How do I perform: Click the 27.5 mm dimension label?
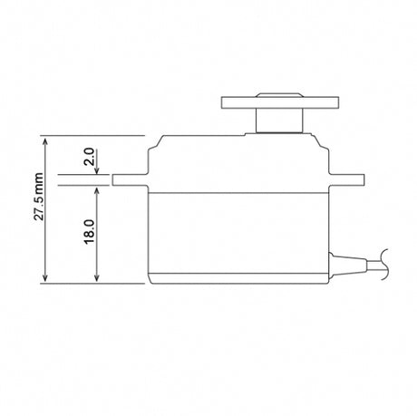click(x=39, y=197)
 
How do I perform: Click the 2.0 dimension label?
click(x=90, y=157)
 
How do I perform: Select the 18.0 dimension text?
click(x=90, y=232)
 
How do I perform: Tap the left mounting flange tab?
click(x=131, y=179)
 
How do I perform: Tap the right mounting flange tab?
click(x=346, y=179)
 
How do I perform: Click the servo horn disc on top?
click(x=280, y=102)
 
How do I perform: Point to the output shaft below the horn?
click(x=279, y=121)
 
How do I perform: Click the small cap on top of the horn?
click(x=279, y=95)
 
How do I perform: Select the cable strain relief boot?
click(x=347, y=265)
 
